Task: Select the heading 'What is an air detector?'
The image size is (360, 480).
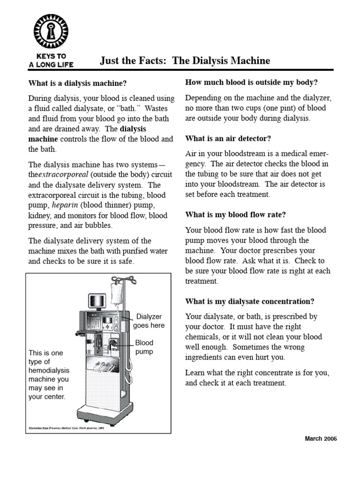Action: click(228, 138)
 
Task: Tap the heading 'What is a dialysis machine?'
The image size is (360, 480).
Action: click(77, 83)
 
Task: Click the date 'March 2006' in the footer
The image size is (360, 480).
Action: click(321, 438)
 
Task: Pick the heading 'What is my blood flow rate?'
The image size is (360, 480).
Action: click(235, 215)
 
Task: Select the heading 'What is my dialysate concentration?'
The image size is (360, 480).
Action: click(250, 301)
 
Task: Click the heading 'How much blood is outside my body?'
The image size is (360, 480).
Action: click(252, 82)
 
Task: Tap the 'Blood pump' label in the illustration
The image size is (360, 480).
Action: click(144, 347)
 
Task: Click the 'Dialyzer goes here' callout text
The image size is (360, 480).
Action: click(149, 321)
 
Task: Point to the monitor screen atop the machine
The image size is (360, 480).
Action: click(97, 302)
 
